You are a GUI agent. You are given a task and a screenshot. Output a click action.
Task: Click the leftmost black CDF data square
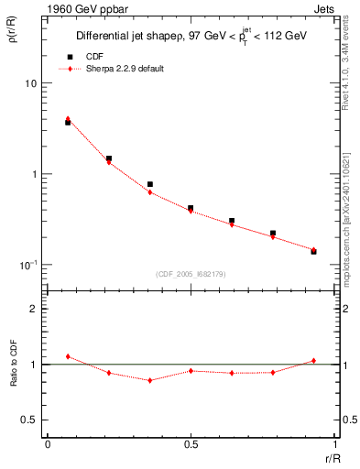[x=68, y=122]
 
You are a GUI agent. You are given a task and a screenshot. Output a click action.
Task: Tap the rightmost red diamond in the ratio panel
[x=313, y=360]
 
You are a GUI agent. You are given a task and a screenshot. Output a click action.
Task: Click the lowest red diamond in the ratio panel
[x=149, y=380]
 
